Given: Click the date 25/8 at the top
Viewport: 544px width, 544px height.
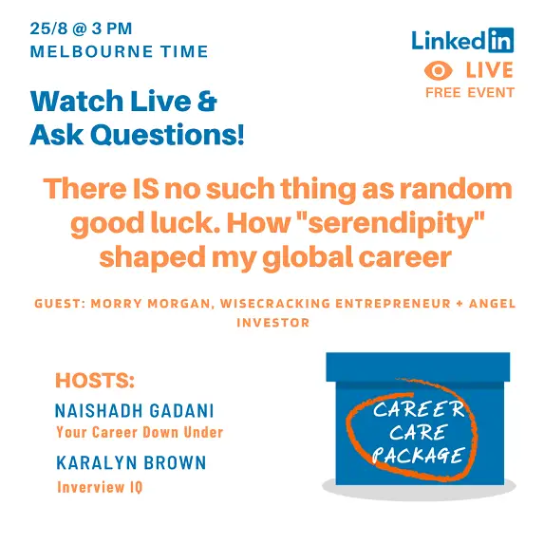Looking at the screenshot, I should click(x=50, y=29).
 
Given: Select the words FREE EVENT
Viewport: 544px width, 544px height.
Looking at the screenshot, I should click(x=469, y=92).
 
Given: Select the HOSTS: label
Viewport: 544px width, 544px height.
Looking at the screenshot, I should click(x=95, y=382).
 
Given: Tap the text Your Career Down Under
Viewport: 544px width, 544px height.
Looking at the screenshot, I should click(x=140, y=433).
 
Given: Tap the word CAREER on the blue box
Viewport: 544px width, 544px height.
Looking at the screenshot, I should click(x=420, y=410).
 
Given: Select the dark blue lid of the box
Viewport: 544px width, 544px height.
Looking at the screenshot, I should click(x=418, y=366).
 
